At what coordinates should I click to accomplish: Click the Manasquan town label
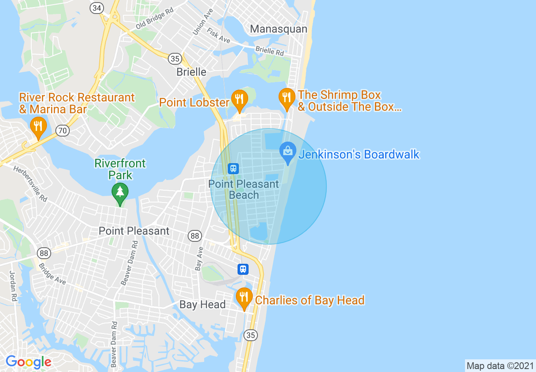click(279, 29)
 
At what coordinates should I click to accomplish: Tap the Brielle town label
click(191, 72)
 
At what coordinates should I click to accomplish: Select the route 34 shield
click(96, 8)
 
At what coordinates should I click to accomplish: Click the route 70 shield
click(62, 131)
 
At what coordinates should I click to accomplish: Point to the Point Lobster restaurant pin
click(239, 100)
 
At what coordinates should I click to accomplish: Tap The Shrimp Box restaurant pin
click(287, 98)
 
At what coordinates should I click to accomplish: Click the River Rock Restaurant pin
click(38, 127)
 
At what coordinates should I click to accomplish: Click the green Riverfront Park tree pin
click(120, 193)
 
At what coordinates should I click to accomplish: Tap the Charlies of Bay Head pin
click(244, 298)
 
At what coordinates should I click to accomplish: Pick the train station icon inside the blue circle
click(233, 169)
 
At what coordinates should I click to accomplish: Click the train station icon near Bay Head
click(243, 269)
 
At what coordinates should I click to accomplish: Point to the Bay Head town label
click(202, 304)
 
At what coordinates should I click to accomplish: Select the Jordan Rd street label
click(13, 286)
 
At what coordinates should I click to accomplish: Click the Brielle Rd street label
click(270, 51)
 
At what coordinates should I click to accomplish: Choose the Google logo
click(28, 362)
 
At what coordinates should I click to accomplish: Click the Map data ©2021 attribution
click(499, 366)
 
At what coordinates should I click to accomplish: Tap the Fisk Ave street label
click(219, 36)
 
